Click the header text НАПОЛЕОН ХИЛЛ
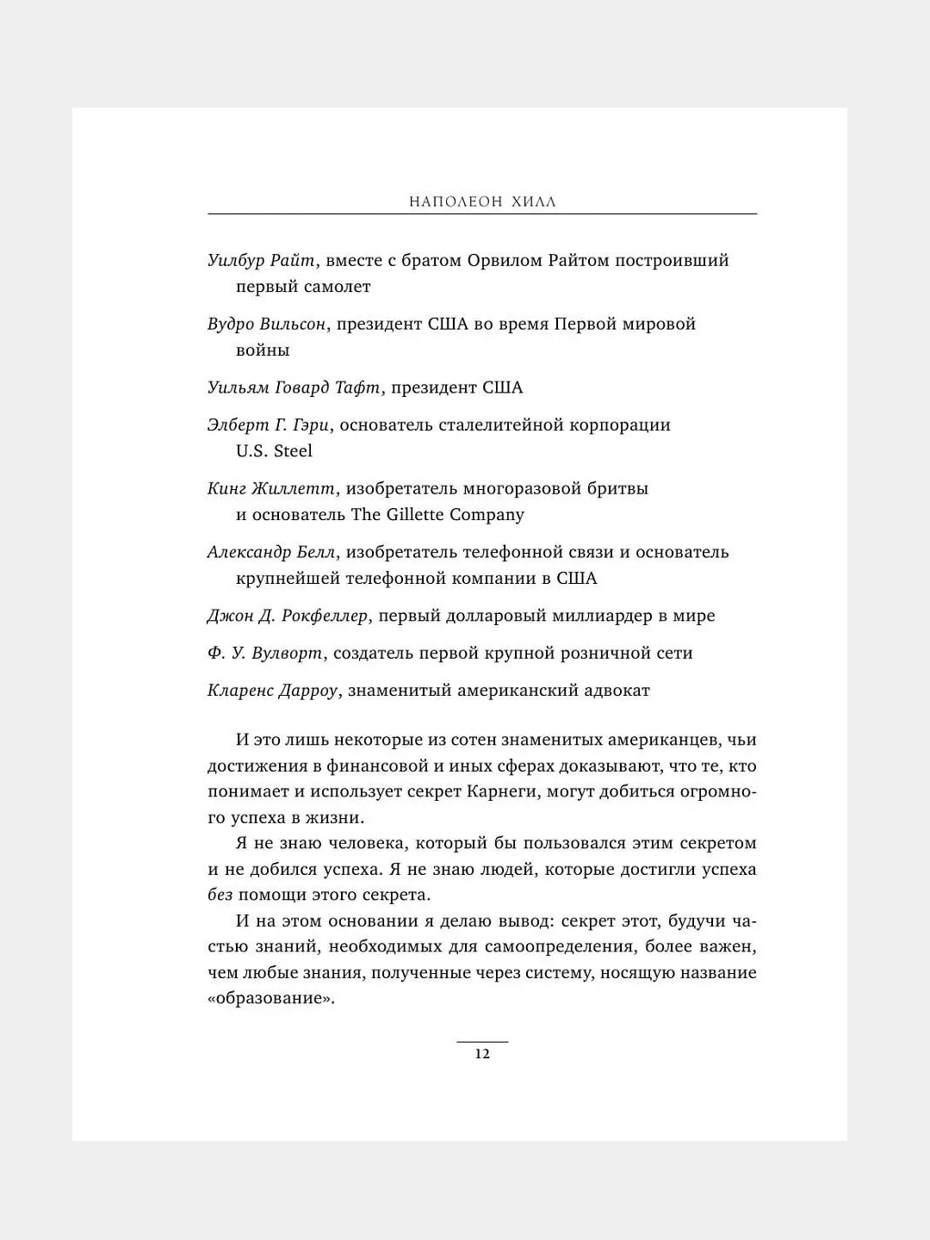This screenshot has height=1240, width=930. (482, 202)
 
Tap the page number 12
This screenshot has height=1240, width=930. (482, 1054)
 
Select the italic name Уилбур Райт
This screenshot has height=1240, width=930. (261, 261)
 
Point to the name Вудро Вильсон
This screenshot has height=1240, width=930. (266, 325)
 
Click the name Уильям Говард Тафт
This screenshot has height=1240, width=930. (294, 387)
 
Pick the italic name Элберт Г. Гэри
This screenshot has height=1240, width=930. (268, 425)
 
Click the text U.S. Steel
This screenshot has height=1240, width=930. (274, 451)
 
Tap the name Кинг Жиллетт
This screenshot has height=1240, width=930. (271, 489)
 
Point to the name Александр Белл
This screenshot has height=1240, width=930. (271, 552)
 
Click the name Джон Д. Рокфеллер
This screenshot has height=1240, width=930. (288, 616)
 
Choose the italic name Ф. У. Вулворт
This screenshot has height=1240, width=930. (265, 654)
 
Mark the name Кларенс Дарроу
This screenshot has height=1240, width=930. (272, 691)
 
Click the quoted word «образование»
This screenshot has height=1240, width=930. (270, 999)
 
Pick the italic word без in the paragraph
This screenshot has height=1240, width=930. (220, 895)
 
